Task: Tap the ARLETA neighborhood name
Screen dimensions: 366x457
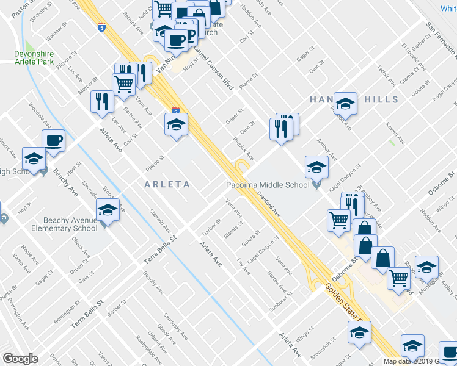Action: (167, 184)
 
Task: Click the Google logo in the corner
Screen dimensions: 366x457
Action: (20, 359)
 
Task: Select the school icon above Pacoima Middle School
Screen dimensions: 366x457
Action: (317, 166)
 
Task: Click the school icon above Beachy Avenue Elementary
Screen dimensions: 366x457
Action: (108, 210)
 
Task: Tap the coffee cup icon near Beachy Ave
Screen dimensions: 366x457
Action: (54, 140)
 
